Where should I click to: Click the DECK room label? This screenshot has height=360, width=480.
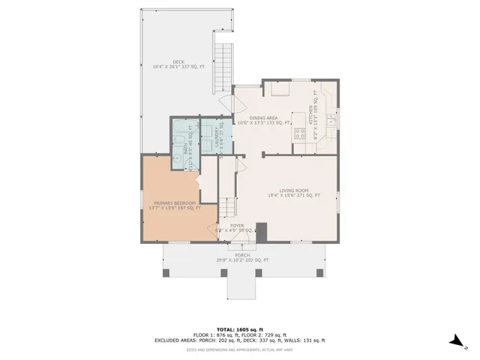click(178, 61)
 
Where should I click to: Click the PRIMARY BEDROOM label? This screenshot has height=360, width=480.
click(175, 203)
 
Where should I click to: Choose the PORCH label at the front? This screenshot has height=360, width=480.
click(242, 255)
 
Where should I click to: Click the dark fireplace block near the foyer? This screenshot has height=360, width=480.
click(261, 232)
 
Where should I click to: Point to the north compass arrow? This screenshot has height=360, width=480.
click(455, 341)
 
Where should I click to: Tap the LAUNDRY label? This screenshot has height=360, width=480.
click(215, 139)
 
